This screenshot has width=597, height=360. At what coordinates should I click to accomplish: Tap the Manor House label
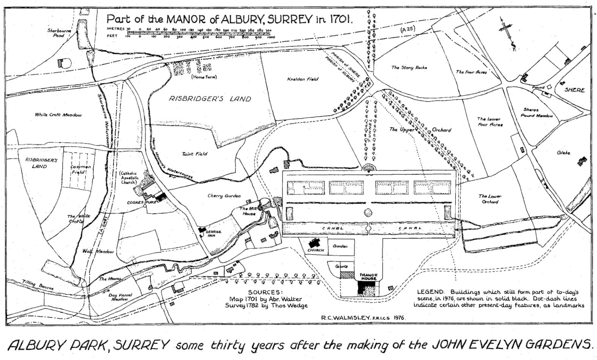[x=368, y=276]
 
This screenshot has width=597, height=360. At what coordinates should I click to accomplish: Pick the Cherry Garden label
[x=224, y=196]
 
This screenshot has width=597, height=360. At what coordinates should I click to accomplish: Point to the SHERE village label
[x=574, y=90]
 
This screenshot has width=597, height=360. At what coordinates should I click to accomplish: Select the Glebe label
[x=563, y=153]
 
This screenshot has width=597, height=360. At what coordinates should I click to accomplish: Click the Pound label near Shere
[x=538, y=87]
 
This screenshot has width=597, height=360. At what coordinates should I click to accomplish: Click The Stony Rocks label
[x=409, y=68]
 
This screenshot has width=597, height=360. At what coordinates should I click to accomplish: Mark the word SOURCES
[x=265, y=292]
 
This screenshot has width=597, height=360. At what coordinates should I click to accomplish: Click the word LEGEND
[x=430, y=292]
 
